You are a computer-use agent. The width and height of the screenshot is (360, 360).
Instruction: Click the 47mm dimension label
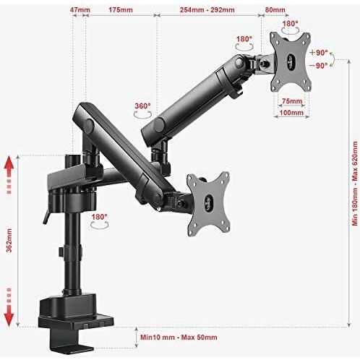[80, 10]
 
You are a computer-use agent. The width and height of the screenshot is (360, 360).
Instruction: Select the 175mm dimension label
[121, 10]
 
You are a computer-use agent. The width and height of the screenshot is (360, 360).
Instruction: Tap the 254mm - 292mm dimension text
[207, 10]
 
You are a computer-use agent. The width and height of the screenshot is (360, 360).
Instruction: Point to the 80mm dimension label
[275, 10]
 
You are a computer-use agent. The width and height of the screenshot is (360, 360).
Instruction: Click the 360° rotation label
[142, 106]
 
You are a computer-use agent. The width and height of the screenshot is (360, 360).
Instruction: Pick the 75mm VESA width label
[292, 101]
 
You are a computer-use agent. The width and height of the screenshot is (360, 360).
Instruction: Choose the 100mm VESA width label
[291, 112]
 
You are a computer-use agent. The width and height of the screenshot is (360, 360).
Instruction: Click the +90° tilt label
[319, 53]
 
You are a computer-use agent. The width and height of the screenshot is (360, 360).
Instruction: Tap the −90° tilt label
[319, 65]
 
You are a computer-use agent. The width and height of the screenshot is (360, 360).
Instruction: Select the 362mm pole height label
[9, 240]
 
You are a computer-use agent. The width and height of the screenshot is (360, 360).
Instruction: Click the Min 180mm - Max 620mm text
[355, 183]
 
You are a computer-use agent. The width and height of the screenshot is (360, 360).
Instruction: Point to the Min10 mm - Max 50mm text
[179, 337]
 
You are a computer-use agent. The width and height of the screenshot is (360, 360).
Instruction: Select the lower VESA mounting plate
[208, 204]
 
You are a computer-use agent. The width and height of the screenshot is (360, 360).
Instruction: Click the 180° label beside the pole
[99, 217]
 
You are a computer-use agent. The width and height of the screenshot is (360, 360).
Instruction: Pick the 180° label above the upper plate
[290, 24]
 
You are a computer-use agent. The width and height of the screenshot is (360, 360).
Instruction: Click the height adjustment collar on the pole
[71, 252]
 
